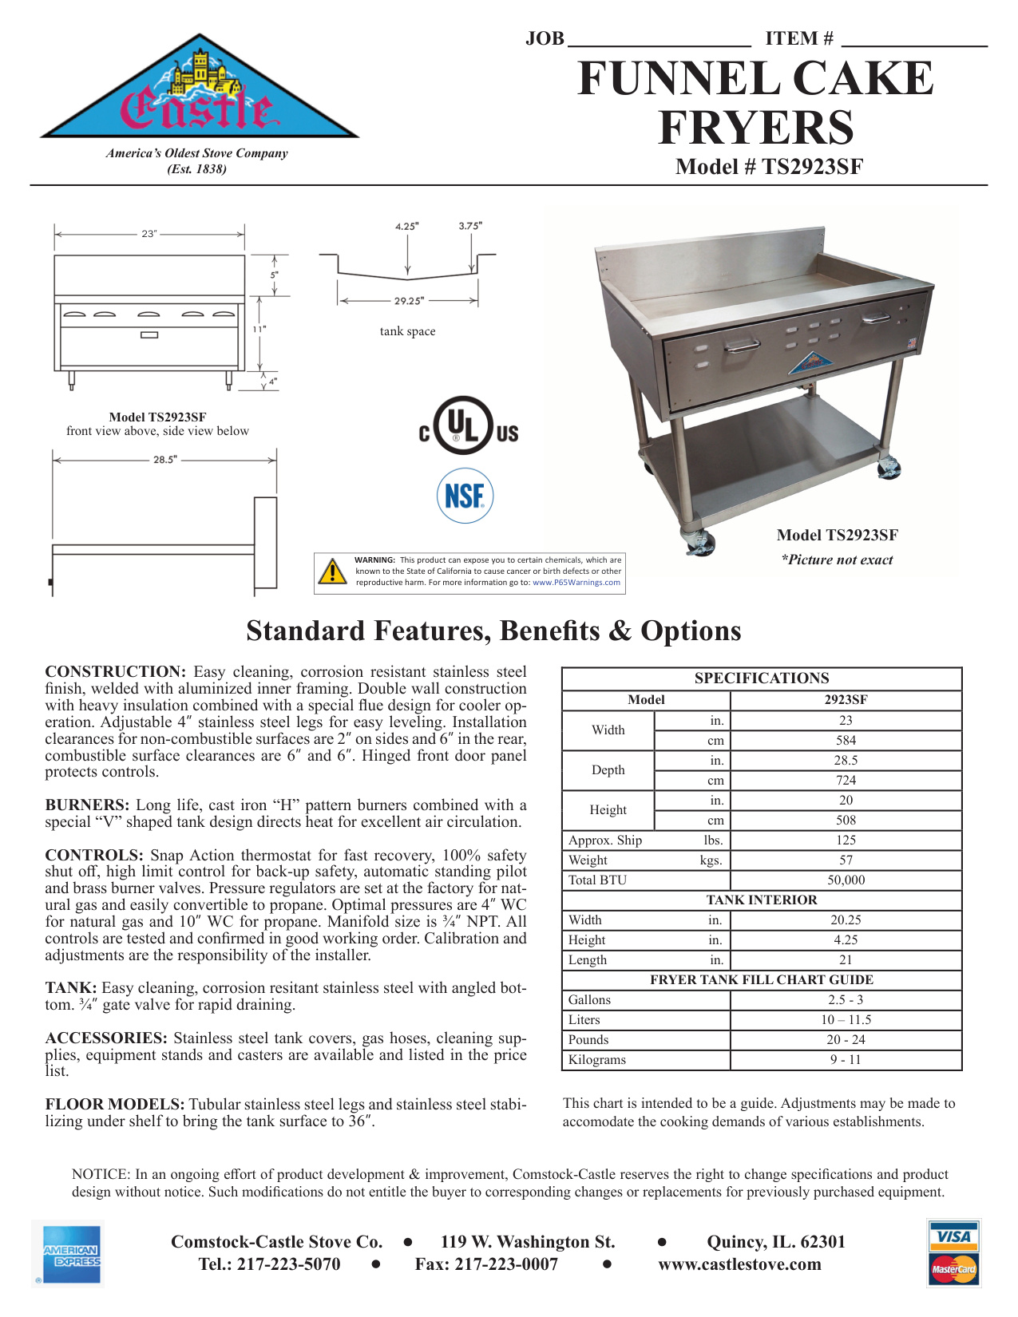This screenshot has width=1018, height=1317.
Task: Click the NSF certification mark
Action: point(465,496)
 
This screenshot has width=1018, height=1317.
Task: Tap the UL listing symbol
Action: point(469,426)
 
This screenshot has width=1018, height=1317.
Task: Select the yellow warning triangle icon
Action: point(332,571)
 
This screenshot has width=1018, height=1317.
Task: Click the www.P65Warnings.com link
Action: point(576,583)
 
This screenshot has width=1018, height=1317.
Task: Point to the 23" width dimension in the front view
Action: point(149,234)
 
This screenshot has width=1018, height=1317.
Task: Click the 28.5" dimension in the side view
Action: point(165,460)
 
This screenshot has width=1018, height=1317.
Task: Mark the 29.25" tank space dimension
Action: point(409,301)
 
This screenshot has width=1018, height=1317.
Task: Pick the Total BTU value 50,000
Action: point(846,880)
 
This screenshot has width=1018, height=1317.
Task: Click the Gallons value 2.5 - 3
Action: point(846,1000)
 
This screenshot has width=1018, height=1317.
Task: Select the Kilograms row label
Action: point(597,1060)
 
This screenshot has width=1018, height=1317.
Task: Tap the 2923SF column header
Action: point(846,700)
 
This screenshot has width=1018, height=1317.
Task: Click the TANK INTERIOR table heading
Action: point(762,900)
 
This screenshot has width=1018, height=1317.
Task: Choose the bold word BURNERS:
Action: point(87,805)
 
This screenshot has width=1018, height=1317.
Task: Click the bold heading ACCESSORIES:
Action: point(106,1038)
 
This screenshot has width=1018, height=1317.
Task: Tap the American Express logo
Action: point(69,1255)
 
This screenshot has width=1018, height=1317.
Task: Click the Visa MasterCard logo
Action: point(953,1253)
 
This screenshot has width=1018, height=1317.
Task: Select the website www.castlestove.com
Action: point(739,1264)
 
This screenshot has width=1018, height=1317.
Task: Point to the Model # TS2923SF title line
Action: point(769,167)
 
